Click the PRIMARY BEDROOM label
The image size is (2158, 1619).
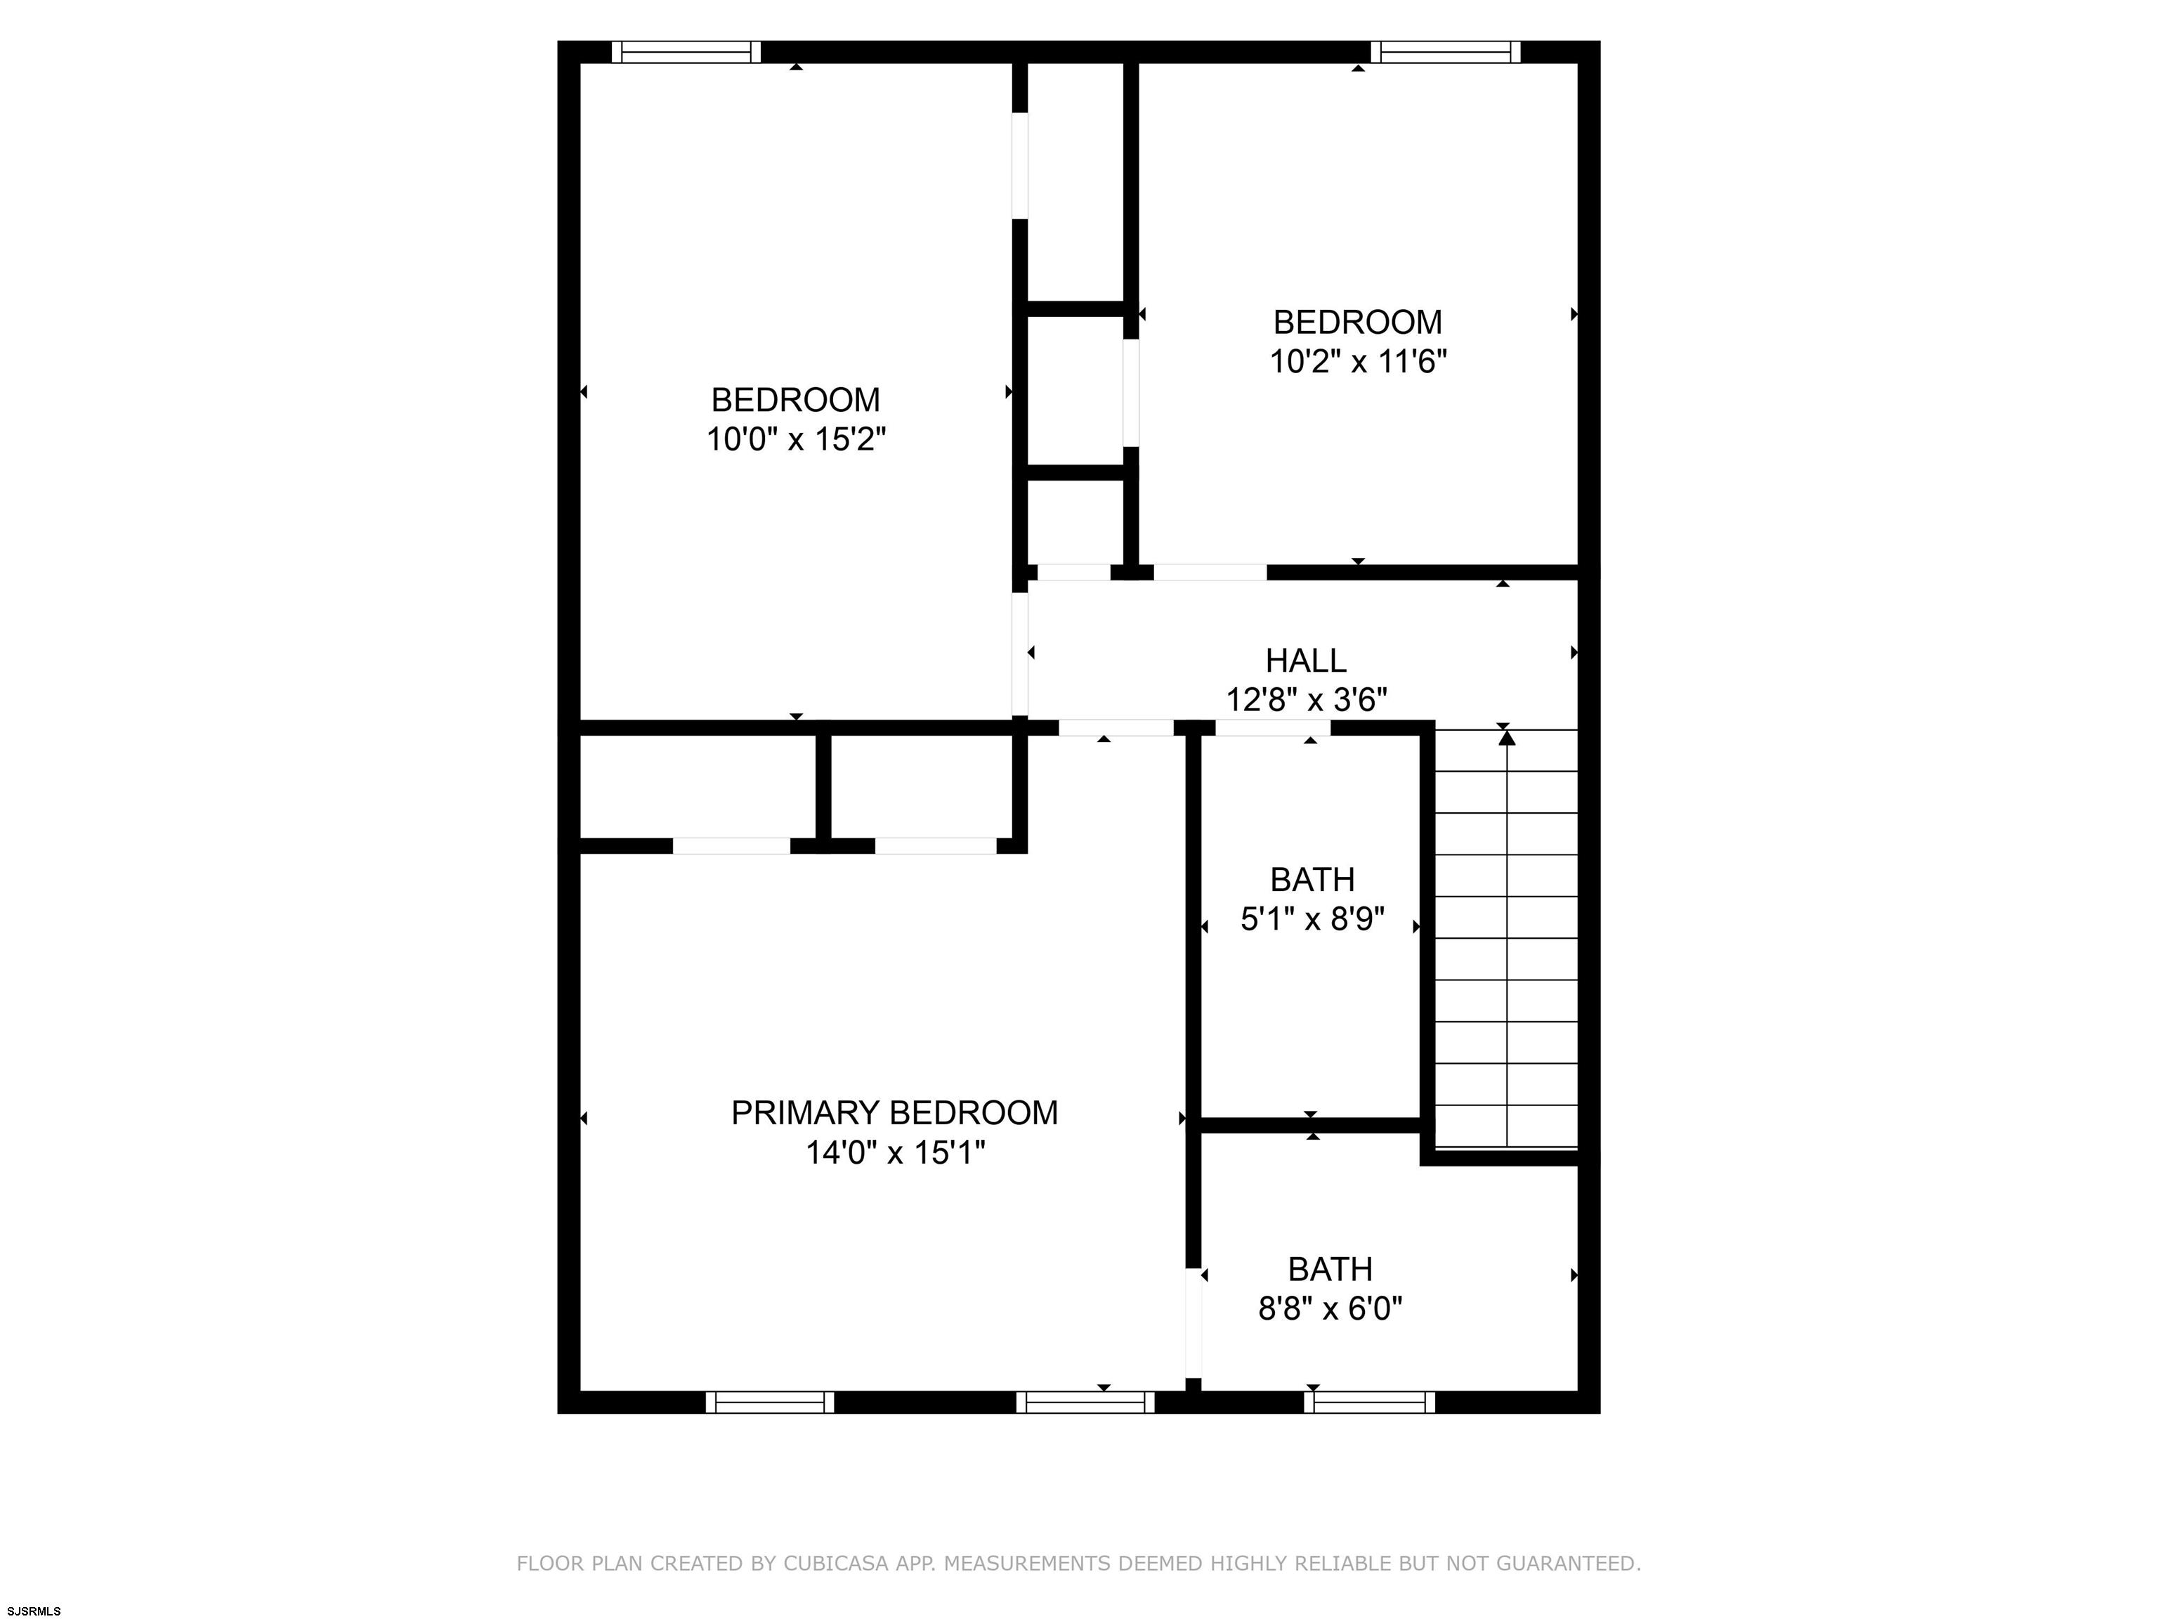pyautogui.click(x=895, y=1112)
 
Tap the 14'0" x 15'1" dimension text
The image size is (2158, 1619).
pyautogui.click(x=895, y=1152)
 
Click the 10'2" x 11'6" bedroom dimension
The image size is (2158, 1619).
pyautogui.click(x=1357, y=362)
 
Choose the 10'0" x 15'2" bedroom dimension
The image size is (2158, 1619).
pyautogui.click(x=796, y=439)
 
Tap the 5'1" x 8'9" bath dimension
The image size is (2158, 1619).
pyautogui.click(x=1312, y=919)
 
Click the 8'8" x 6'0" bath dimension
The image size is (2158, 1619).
pyautogui.click(x=1330, y=1308)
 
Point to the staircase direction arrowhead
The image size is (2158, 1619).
pyautogui.click(x=1508, y=738)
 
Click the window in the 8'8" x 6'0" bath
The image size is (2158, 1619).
pyautogui.click(x=1370, y=1403)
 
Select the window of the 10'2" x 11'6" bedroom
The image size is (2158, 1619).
pyautogui.click(x=1446, y=52)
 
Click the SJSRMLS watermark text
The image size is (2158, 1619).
pyautogui.click(x=34, y=1611)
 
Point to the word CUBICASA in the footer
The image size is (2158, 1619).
pyautogui.click(x=836, y=1563)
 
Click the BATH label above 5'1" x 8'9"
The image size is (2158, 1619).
pyautogui.click(x=1312, y=879)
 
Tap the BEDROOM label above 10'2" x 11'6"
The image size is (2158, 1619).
pyautogui.click(x=1357, y=322)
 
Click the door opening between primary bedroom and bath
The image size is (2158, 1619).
pyautogui.click(x=1192, y=1322)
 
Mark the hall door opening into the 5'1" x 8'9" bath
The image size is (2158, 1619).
pyautogui.click(x=1273, y=727)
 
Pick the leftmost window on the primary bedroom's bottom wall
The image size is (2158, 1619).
pyautogui.click(x=770, y=1403)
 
